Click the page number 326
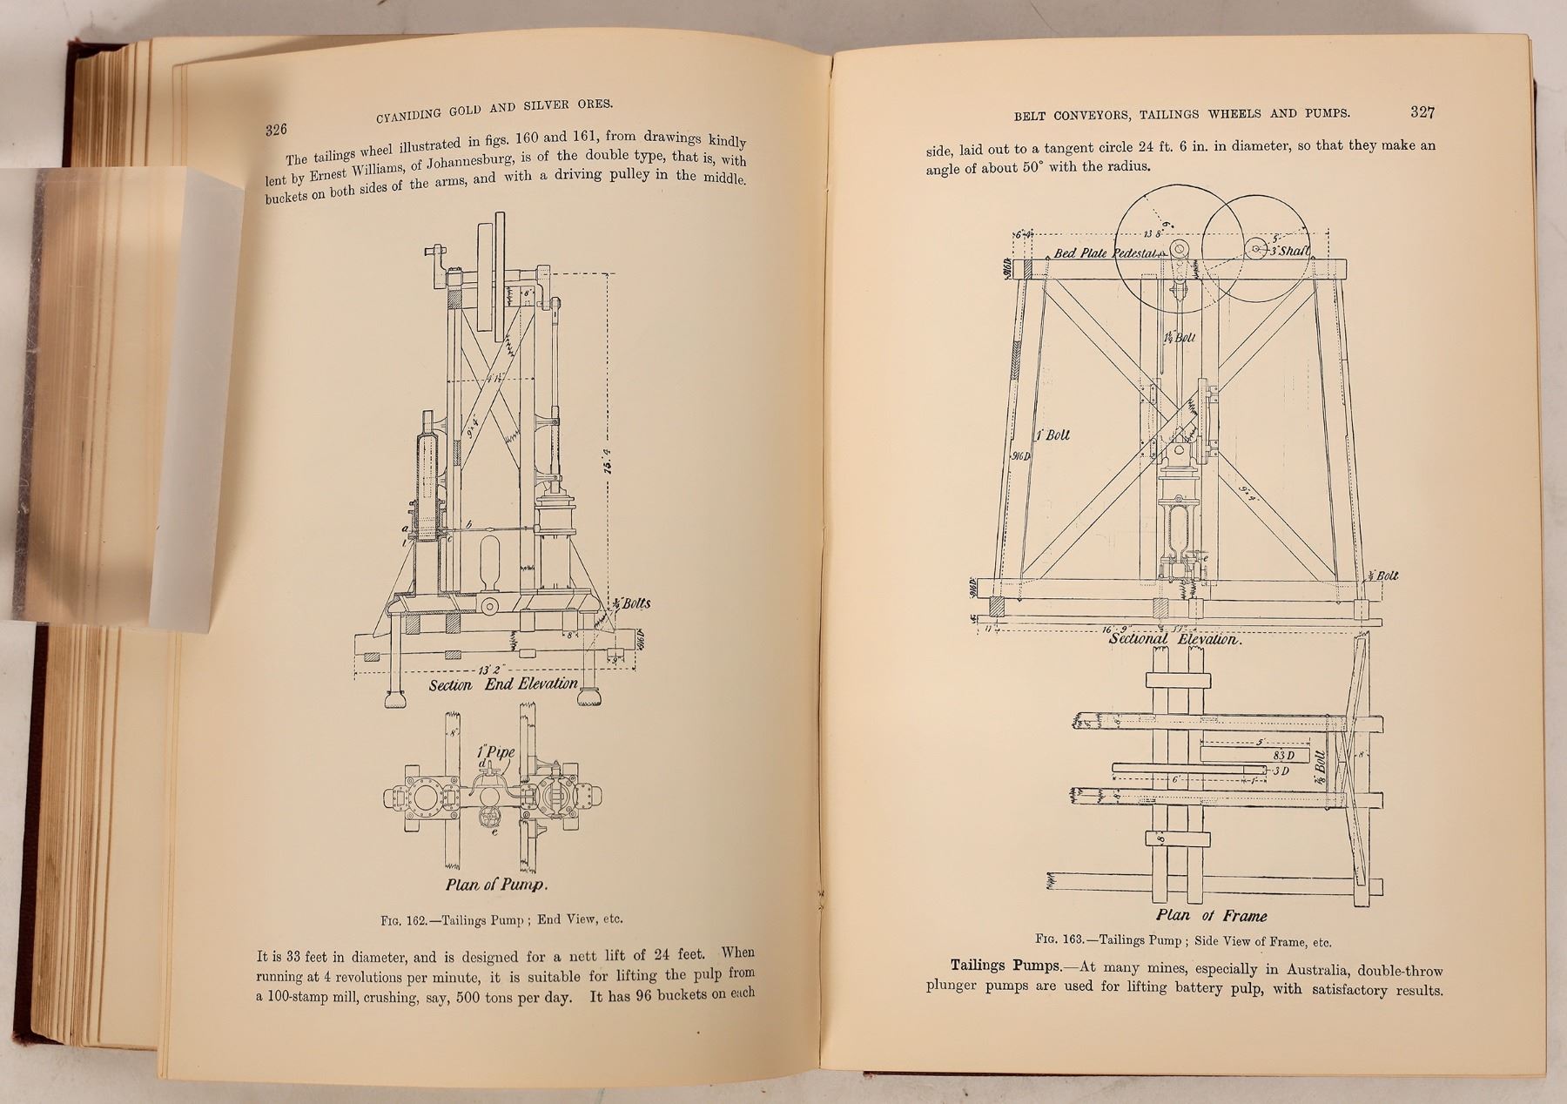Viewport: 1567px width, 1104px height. tap(276, 131)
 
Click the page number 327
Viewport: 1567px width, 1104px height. tap(1422, 111)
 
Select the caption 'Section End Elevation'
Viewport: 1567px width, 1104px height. tap(503, 684)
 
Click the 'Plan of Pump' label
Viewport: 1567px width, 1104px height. tap(495, 885)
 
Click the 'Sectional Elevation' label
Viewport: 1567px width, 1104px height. tap(1172, 639)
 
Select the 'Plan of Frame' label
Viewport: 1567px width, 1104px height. tap(1211, 915)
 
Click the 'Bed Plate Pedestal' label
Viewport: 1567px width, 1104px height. tap(1106, 253)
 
